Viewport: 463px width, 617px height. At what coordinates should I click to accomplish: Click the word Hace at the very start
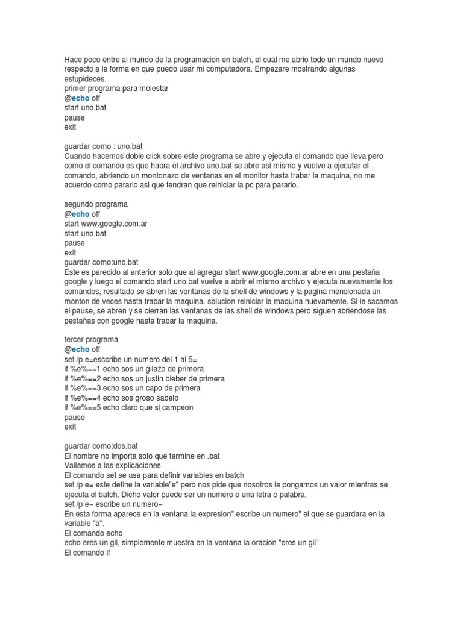point(72,60)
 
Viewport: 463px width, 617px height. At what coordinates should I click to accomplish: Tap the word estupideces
point(85,79)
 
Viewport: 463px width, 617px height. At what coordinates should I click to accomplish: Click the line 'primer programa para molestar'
point(116,89)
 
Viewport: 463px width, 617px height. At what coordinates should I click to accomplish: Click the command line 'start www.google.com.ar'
point(106,224)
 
